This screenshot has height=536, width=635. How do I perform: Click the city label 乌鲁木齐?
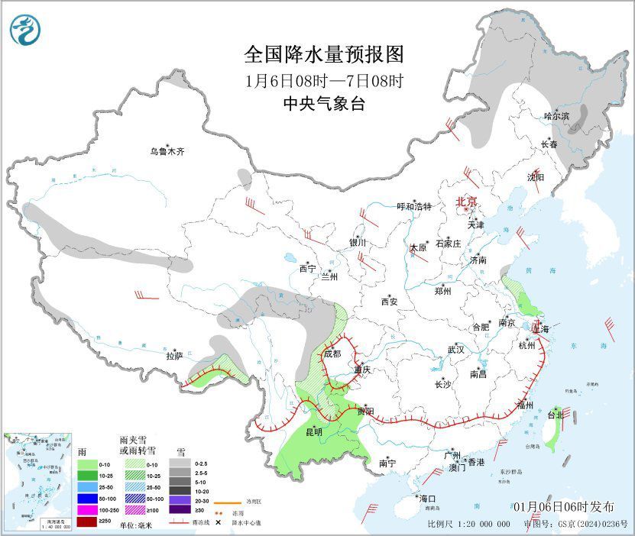pyautogui.click(x=167, y=152)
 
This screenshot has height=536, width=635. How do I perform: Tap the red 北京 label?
pyautogui.click(x=466, y=202)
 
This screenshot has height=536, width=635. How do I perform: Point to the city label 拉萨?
pyautogui.click(x=174, y=355)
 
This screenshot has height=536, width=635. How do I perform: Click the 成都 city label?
pyautogui.click(x=332, y=354)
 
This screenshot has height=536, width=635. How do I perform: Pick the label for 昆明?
pyautogui.click(x=313, y=432)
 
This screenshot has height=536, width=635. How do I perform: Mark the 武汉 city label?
pyautogui.click(x=456, y=349)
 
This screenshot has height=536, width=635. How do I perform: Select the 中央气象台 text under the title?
pyautogui.click(x=323, y=104)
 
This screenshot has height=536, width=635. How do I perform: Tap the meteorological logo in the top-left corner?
pyautogui.click(x=27, y=30)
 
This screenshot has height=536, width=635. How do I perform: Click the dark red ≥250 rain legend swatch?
pyautogui.click(x=87, y=521)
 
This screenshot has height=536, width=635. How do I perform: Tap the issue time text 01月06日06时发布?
pyautogui.click(x=562, y=507)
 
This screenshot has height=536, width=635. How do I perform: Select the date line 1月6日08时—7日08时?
pyautogui.click(x=323, y=80)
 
